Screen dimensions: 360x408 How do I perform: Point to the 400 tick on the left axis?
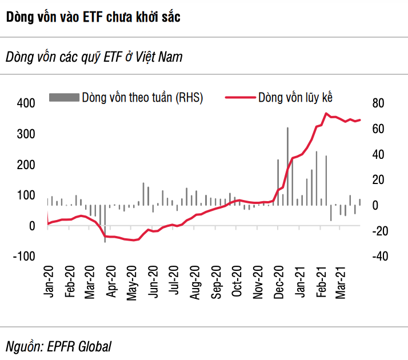pos(27,103)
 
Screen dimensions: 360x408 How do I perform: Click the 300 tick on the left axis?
pos(27,134)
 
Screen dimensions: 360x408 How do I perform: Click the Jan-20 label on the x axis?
pos(48,280)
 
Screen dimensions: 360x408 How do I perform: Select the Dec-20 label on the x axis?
pos(279,280)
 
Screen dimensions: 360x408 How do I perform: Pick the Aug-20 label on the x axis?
pos(195,280)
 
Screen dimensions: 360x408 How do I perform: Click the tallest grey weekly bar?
pos(287,166)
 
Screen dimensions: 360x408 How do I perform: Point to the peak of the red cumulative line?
pos(326,113)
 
